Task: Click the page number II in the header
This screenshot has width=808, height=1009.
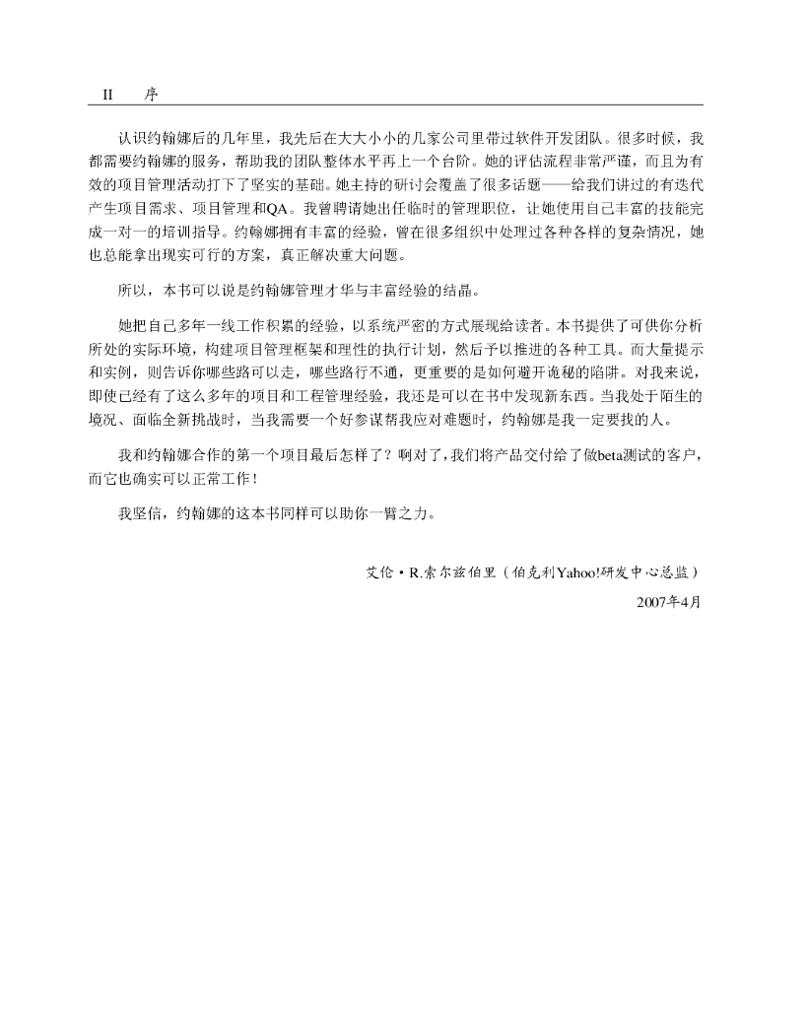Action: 108,95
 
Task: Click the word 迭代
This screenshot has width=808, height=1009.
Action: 687,181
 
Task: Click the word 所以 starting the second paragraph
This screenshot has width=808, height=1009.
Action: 132,292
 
